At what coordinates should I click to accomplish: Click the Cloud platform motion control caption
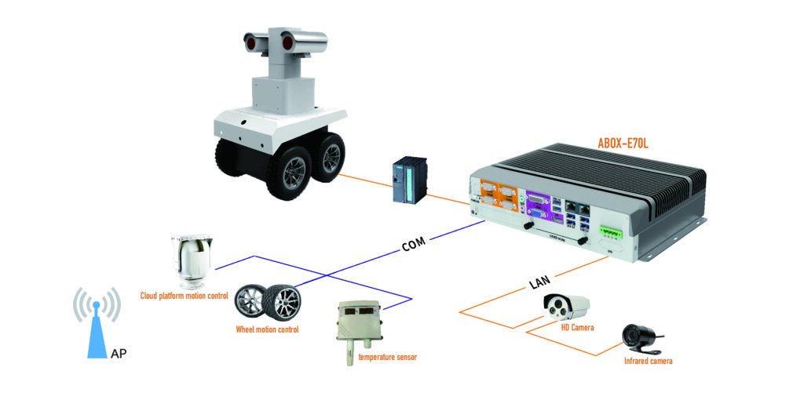(x=184, y=296)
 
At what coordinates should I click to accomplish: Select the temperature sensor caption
(x=387, y=358)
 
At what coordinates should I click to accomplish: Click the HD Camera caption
(x=575, y=327)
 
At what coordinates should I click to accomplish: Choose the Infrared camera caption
(x=648, y=362)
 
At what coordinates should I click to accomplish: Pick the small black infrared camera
(x=638, y=335)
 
